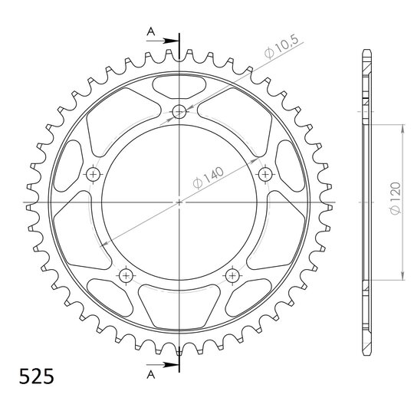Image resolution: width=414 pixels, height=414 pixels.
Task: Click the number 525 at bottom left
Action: click(37, 376)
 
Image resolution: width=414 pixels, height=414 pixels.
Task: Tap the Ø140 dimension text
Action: click(209, 178)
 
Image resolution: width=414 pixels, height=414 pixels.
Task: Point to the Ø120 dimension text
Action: click(396, 198)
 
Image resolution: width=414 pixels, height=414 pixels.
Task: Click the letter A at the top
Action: click(151, 32)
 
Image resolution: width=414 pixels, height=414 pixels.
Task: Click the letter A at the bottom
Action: click(151, 374)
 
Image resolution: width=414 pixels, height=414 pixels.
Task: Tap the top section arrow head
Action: click(171, 41)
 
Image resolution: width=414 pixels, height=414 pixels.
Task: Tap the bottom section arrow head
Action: click(171, 365)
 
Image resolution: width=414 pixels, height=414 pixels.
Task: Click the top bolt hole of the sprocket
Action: click(179, 112)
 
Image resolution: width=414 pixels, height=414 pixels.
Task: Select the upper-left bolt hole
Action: click(94, 174)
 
